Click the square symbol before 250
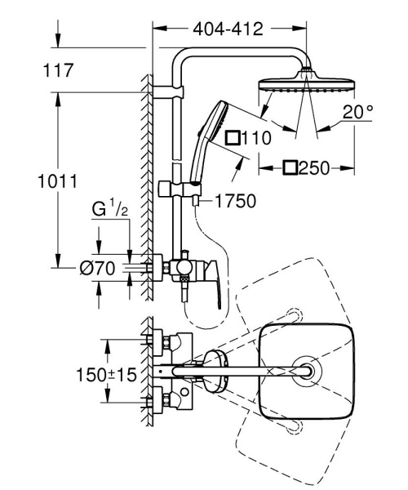(x=290, y=169)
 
